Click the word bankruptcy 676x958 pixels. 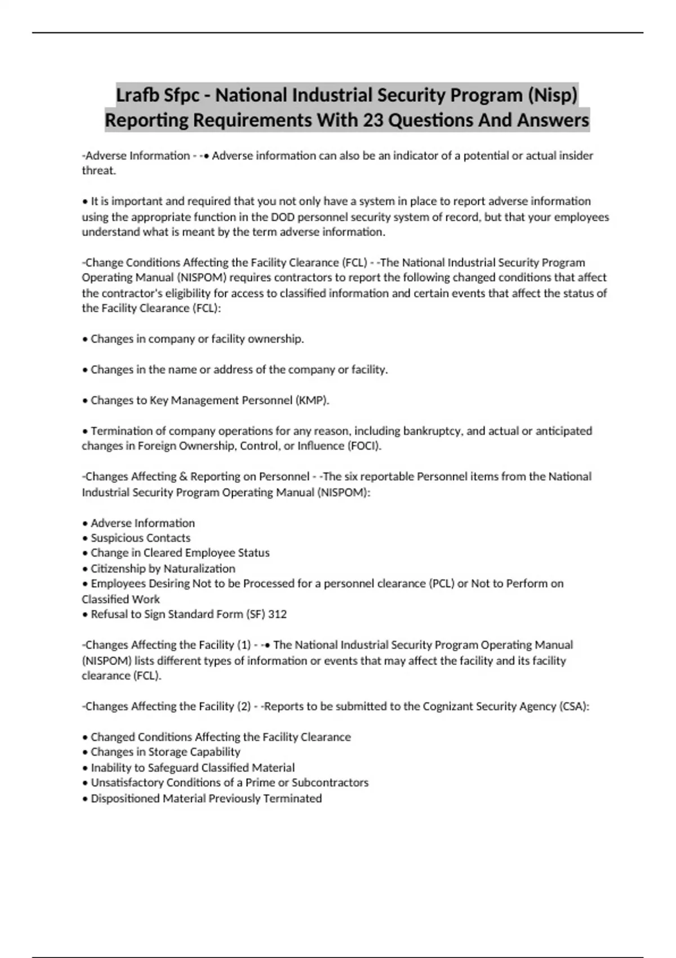(433, 431)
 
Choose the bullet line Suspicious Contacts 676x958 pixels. (140, 538)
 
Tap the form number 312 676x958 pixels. (277, 614)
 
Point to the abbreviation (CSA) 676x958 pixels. (574, 706)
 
